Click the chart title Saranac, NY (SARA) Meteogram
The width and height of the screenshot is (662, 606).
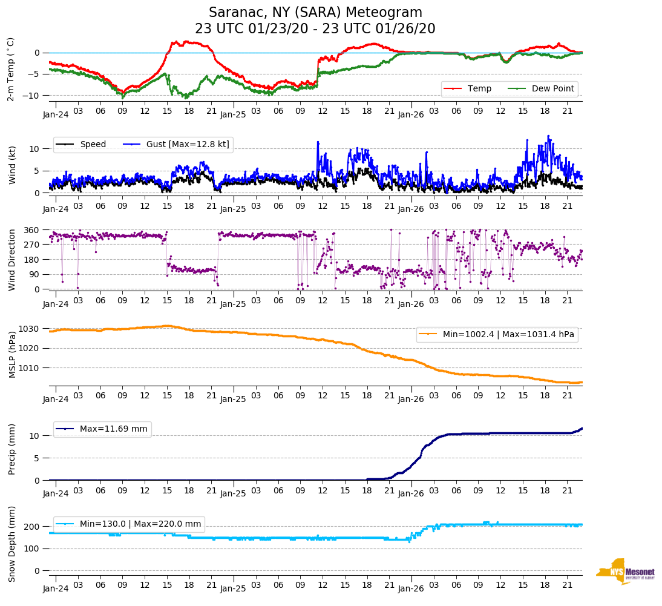(x=315, y=13)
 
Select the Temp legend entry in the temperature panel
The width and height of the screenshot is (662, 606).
(x=477, y=88)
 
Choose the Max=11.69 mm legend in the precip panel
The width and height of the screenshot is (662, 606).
(x=113, y=429)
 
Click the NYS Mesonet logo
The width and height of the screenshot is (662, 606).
(x=625, y=571)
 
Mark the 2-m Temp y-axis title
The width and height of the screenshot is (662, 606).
(x=10, y=68)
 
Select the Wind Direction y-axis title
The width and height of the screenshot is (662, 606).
(x=11, y=260)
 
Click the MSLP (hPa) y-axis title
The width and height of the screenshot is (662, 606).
(x=11, y=354)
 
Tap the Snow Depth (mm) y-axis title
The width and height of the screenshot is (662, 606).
(x=11, y=544)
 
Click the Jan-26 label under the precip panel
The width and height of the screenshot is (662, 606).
(x=410, y=493)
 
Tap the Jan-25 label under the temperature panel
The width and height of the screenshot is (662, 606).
(x=233, y=114)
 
